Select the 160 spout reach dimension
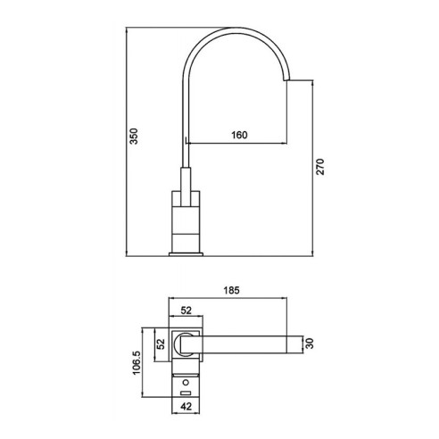coord(237,135)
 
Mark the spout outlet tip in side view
coord(292,82)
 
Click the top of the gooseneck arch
coord(237,29)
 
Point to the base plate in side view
coord(186,253)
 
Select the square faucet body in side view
coord(186,218)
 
